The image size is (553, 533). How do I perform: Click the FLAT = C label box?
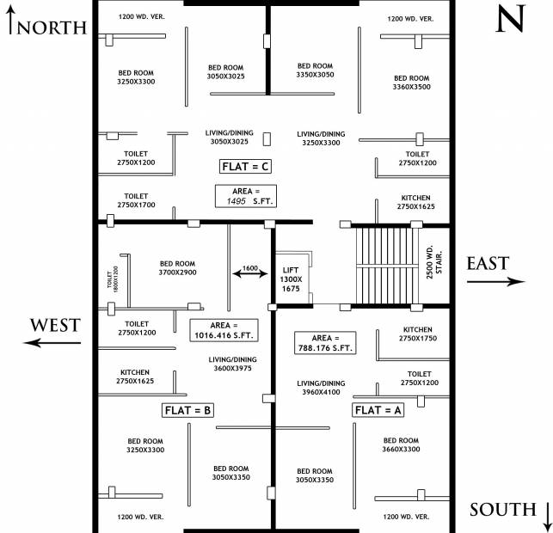tap(248, 165)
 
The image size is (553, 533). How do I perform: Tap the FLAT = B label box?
tap(187, 410)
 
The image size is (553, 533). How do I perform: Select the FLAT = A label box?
tap(378, 410)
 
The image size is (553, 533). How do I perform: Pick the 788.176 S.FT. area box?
tap(325, 342)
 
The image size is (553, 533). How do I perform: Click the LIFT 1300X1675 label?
tap(292, 279)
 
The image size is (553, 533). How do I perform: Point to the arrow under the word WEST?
tap(53, 342)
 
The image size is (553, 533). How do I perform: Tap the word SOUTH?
tap(501, 509)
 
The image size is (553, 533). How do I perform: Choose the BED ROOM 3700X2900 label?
tap(178, 268)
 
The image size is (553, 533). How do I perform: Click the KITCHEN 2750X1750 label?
tap(417, 334)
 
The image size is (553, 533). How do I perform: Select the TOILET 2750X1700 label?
tap(136, 200)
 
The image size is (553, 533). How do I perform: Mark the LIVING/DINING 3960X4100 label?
tap(321, 388)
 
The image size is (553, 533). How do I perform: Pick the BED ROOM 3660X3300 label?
tap(401, 444)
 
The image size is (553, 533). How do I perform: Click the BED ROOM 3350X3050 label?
tap(315, 70)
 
